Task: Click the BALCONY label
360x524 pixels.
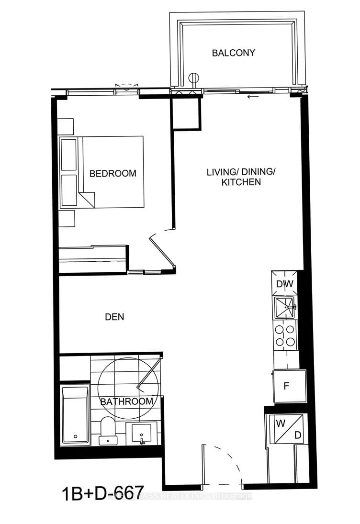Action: pos(234,53)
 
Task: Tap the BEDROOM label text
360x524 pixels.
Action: pos(113,173)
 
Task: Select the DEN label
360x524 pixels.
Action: pos(114,317)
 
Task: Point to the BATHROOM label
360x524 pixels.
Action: pos(126,401)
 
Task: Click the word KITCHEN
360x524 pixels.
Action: pos(240,182)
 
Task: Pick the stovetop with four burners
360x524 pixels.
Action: pos(284,335)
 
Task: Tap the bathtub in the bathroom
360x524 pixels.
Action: pos(75,415)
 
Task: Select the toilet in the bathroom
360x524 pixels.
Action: pos(108,431)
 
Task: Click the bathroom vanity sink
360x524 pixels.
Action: pos(142,434)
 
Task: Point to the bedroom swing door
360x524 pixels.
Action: pos(162,251)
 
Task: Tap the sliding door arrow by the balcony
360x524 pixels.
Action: pos(252,98)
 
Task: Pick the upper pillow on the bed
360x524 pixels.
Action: pos(69,154)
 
